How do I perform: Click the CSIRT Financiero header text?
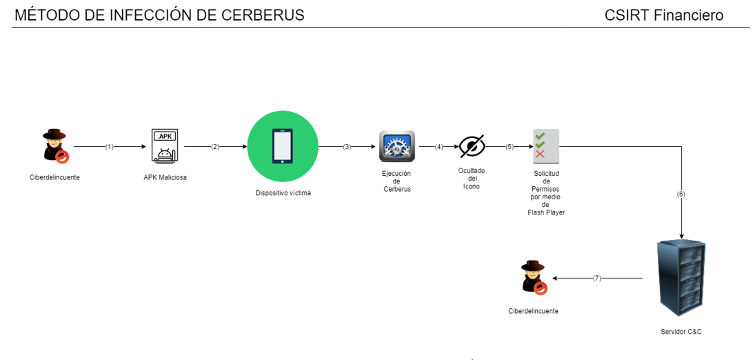tap(663, 15)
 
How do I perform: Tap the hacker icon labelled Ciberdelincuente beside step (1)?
tap(54, 146)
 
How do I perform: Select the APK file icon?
tap(165, 146)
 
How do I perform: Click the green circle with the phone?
tap(283, 146)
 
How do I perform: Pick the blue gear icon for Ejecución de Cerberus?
tap(396, 146)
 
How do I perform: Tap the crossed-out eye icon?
tap(472, 146)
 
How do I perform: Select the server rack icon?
tap(681, 278)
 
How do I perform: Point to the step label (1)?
tap(109, 147)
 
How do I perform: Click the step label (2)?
tap(215, 147)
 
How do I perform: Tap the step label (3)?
tap(347, 147)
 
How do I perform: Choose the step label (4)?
tap(439, 147)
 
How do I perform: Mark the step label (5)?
tap(510, 147)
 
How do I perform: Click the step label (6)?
tap(681, 194)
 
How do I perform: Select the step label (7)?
tap(597, 279)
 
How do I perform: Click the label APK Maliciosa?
tap(165, 177)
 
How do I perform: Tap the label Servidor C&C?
tap(681, 332)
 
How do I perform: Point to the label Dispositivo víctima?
tap(283, 193)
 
